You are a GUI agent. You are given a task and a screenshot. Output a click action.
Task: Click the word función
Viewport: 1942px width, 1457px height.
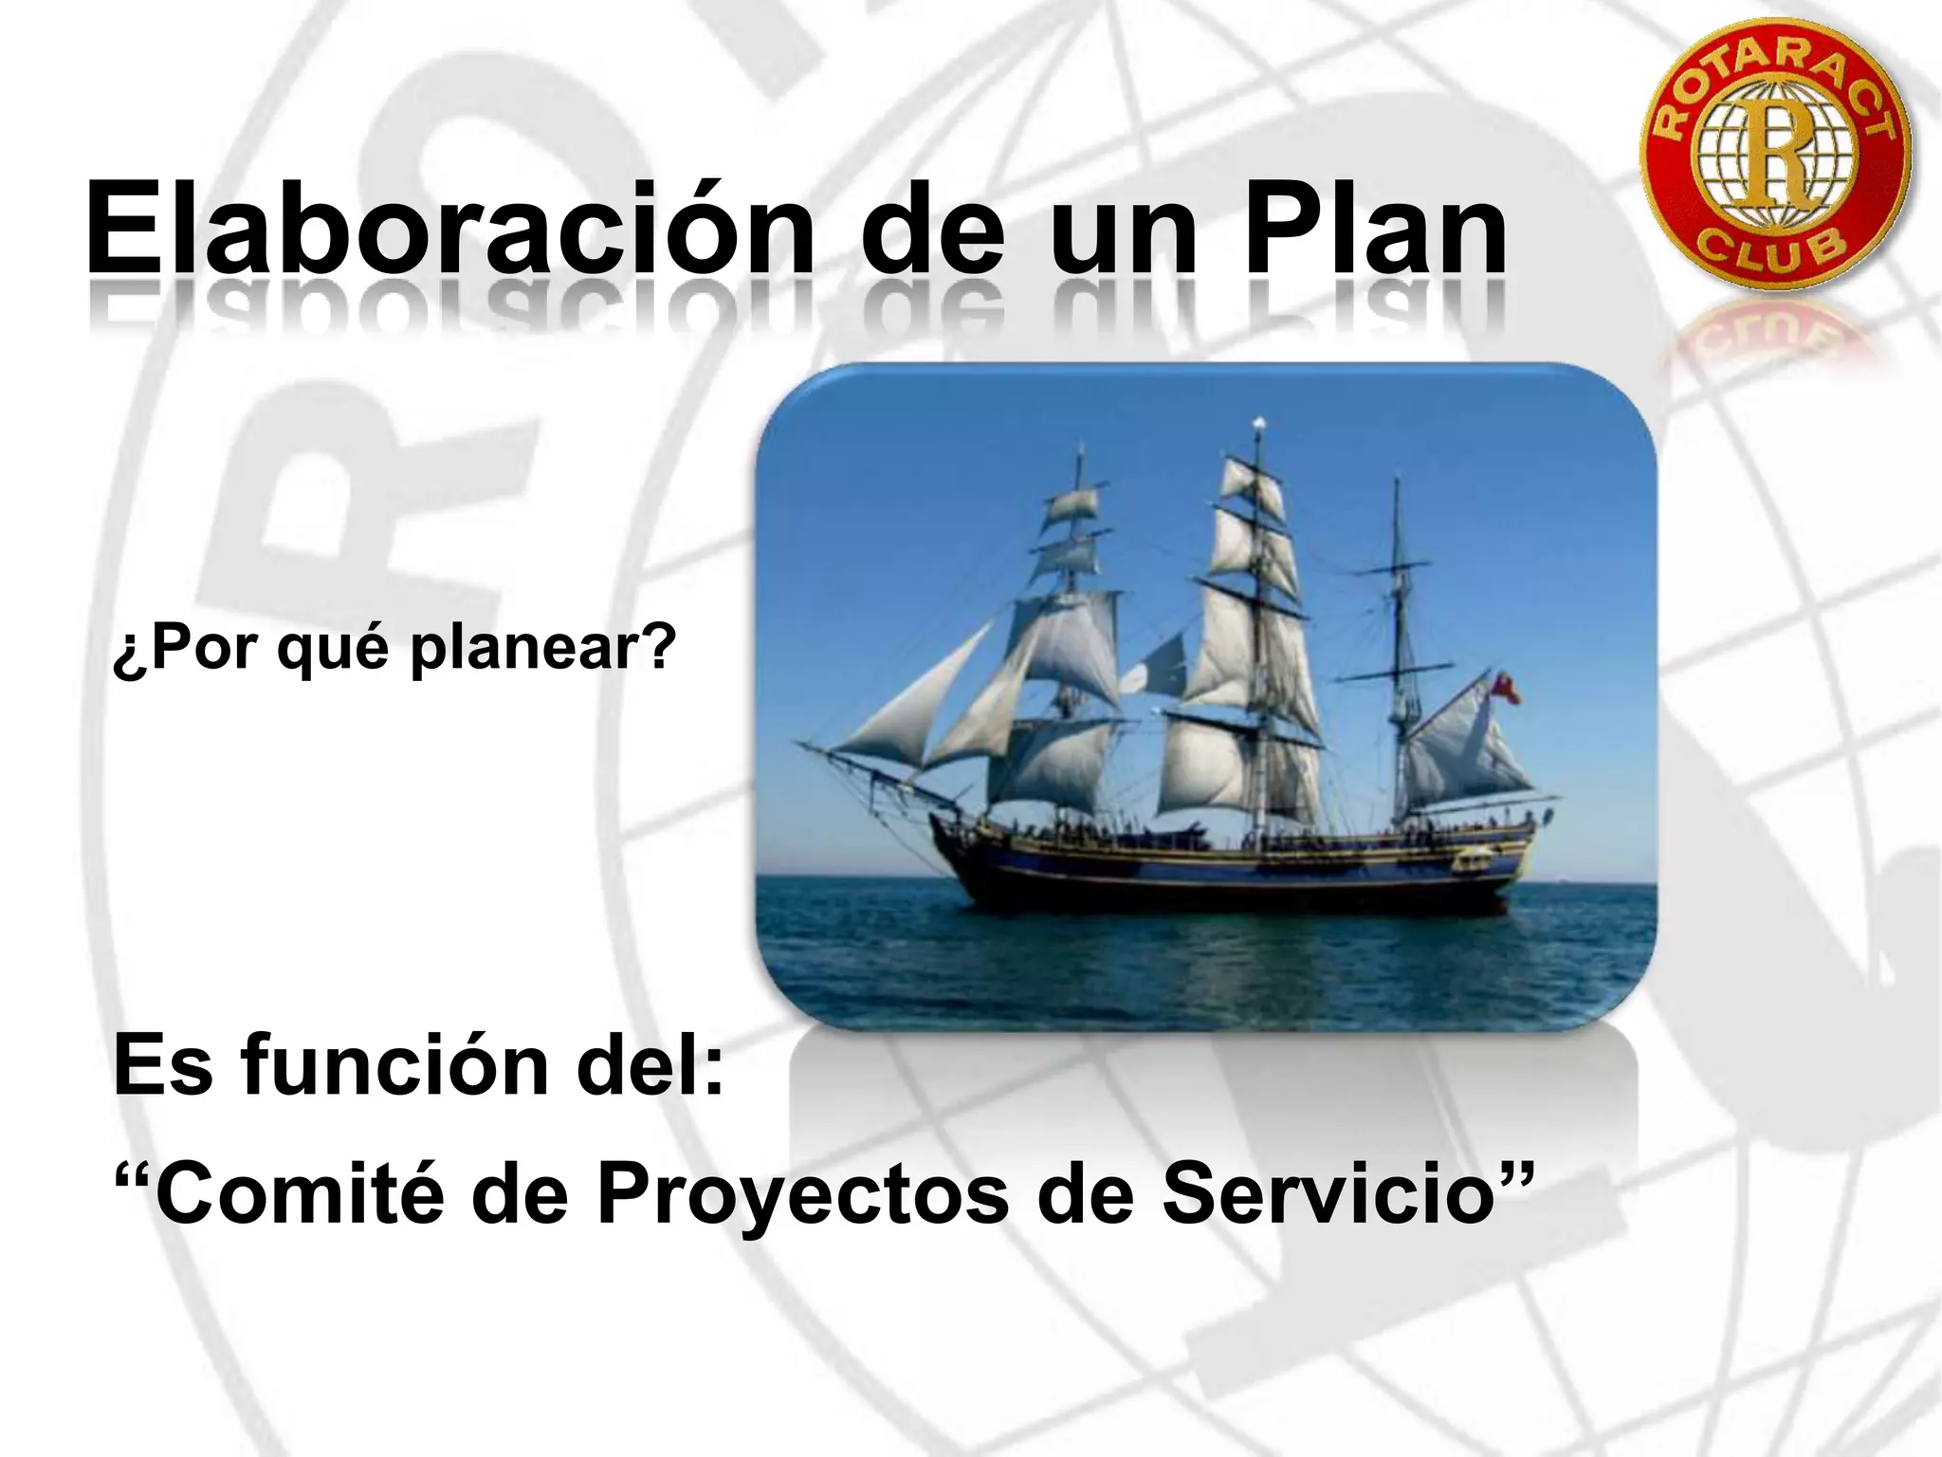pos(394,1067)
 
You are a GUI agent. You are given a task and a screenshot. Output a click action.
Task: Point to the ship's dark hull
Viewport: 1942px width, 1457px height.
pos(1233,882)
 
